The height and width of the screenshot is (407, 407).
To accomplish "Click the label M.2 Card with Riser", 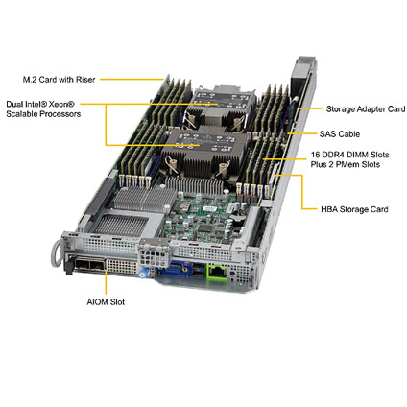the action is point(59,80).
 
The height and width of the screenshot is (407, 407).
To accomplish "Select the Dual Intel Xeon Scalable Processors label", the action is point(43,108).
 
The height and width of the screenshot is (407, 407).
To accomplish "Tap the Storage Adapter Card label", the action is point(366,109).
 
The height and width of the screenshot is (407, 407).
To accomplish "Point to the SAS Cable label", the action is point(340,134).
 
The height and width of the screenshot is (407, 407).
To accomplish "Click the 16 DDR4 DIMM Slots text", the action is point(349,155).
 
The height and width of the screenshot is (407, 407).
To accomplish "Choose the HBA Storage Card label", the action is point(354,209).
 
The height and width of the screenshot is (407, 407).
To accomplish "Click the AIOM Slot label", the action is point(106,302).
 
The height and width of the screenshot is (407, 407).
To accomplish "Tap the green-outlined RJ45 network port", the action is point(218,273).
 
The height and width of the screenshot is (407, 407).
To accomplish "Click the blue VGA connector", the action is point(175,270).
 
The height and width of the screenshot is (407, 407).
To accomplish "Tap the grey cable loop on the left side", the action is point(57,253).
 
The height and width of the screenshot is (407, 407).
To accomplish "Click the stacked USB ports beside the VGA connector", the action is point(199,270).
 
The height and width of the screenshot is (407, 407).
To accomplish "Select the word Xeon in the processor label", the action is point(62,104).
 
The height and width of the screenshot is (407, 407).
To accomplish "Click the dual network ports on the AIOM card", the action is point(89,266).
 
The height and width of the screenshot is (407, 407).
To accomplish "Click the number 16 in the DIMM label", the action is point(316,155).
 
